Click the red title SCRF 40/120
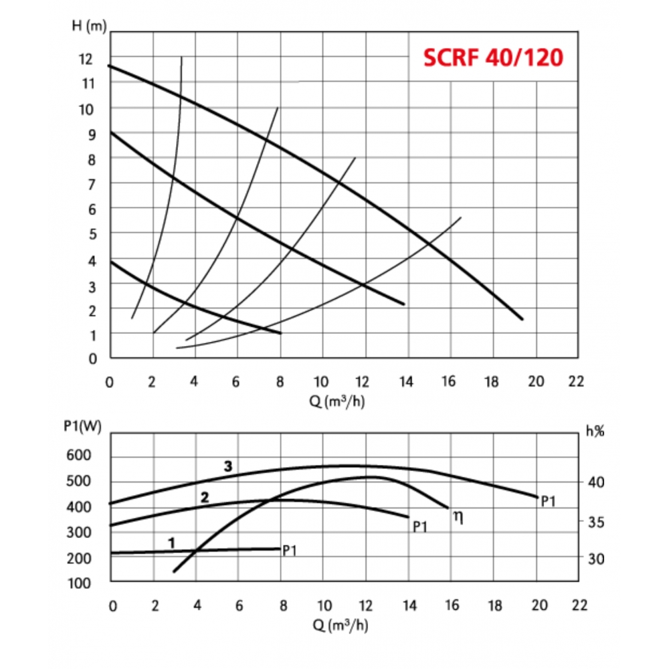[x=492, y=58]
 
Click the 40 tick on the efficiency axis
[x=595, y=482]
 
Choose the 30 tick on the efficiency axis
[x=595, y=558]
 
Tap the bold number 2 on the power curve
[x=205, y=497]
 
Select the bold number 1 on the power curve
[x=172, y=543]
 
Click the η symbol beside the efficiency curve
[x=458, y=516]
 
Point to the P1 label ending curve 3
[x=549, y=500]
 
